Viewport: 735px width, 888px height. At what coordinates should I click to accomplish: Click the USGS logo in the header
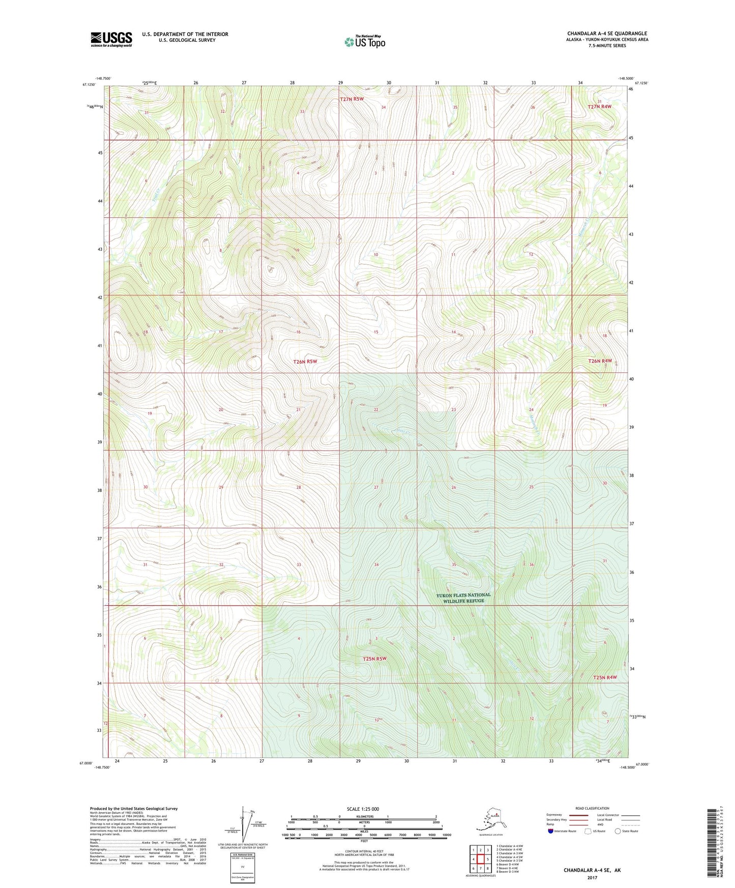111,39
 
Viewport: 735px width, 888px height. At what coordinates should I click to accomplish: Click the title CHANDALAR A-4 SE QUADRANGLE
607,34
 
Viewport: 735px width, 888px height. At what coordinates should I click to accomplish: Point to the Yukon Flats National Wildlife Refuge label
463,598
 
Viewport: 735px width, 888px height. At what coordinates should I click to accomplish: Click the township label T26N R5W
305,362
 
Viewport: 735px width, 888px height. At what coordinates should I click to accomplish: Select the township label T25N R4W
605,677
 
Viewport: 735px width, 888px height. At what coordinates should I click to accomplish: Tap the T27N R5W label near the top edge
352,99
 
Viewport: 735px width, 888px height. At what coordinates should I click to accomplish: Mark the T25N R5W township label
375,659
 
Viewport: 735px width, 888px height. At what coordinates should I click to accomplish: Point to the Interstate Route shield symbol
550,831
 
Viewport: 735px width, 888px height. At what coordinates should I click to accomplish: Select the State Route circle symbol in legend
618,831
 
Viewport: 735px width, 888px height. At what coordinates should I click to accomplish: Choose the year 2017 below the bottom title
592,877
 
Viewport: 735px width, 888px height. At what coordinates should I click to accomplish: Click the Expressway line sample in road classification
578,815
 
